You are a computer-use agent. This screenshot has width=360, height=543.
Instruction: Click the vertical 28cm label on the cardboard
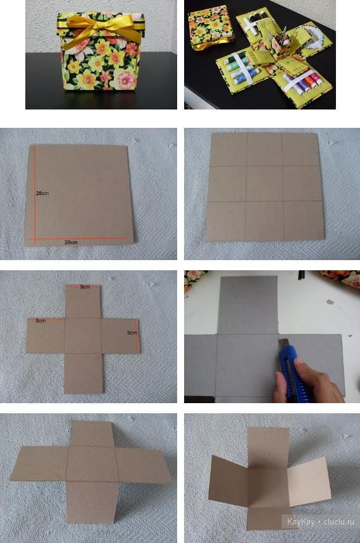[42, 193]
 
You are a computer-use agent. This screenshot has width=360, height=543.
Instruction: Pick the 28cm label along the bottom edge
[71, 242]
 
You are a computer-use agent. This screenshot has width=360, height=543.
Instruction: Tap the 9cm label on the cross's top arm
[85, 287]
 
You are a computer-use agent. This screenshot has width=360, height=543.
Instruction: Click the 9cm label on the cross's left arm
[40, 321]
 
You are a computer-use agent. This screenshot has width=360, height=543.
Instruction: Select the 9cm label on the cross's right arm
[132, 333]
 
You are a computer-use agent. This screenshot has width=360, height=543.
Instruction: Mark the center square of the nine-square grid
[264, 184]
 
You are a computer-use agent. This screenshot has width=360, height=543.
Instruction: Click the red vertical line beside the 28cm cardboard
[35, 192]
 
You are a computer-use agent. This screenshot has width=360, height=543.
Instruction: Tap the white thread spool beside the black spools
[250, 23]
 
